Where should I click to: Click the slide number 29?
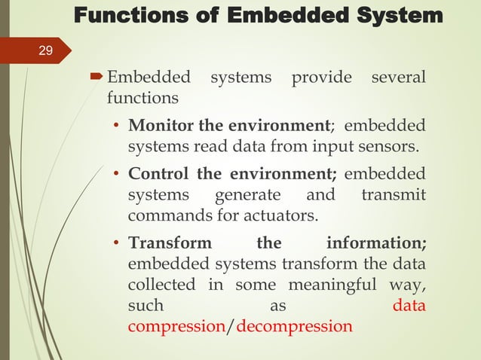pos(46,51)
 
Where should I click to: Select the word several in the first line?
pos(397,78)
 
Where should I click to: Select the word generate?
pos(247,196)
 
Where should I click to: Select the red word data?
pos(409,307)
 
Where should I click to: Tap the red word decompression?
pos(294,328)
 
